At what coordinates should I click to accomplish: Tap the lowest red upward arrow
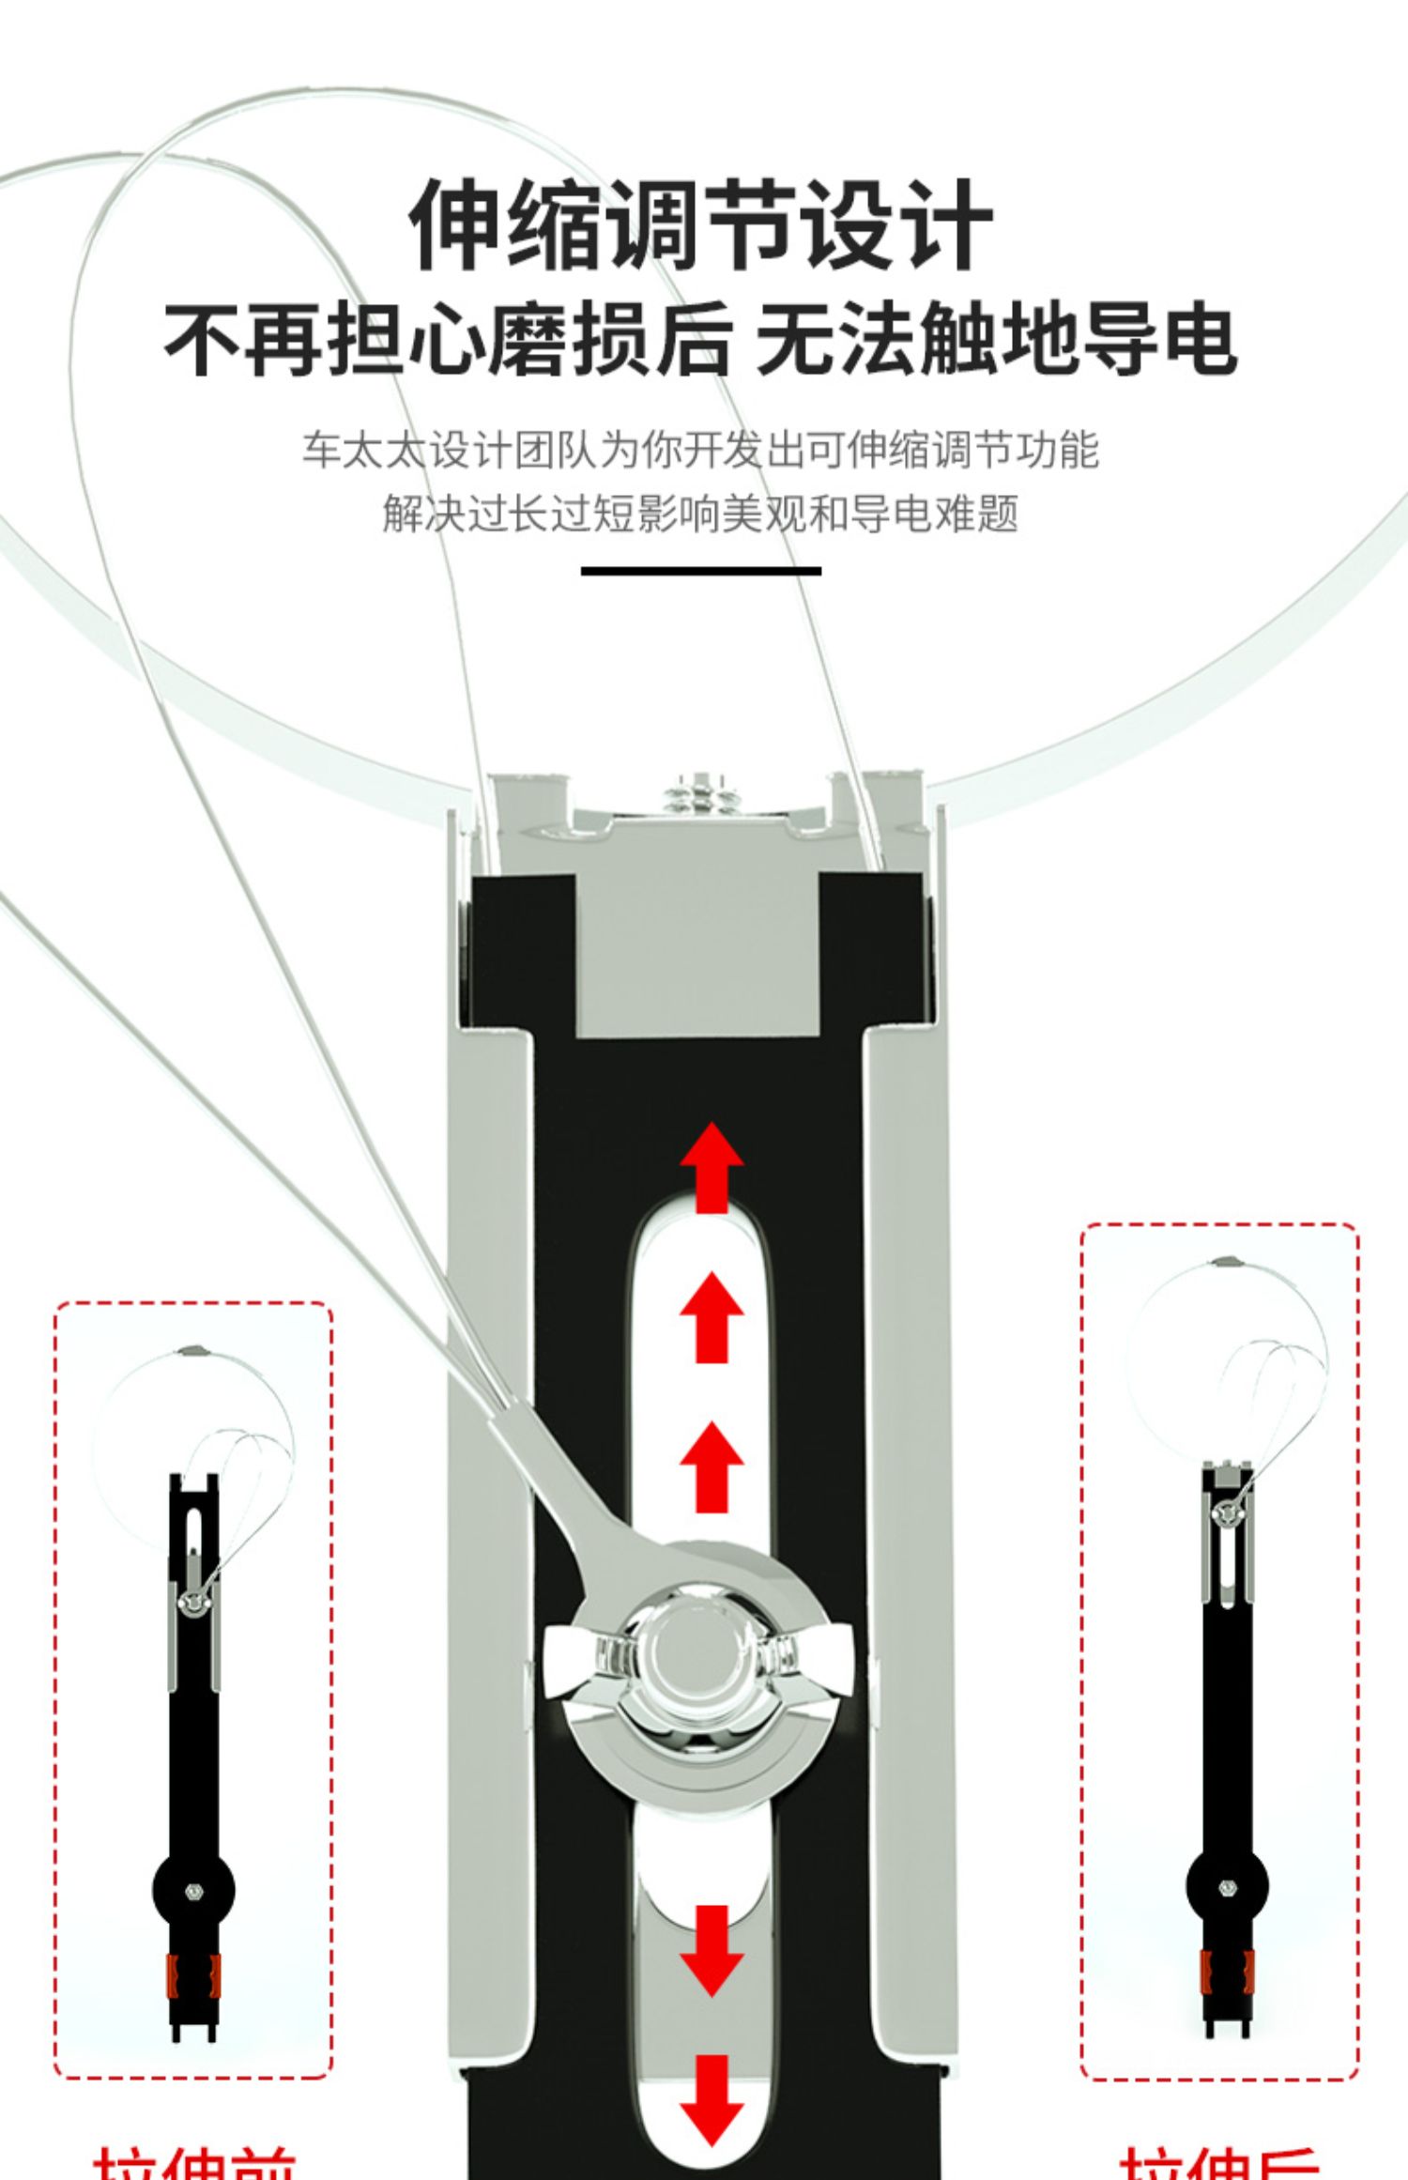tap(712, 1467)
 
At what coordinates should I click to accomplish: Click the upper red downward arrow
tap(712, 1950)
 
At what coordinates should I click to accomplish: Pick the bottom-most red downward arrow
tap(712, 2100)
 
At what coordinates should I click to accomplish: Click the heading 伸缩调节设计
tap(701, 225)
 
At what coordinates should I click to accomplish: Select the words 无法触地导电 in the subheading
tap(995, 340)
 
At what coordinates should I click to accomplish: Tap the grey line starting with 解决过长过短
tap(700, 513)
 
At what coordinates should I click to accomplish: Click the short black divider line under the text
tap(700, 571)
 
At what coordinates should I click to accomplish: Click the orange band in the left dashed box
tap(193, 1975)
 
